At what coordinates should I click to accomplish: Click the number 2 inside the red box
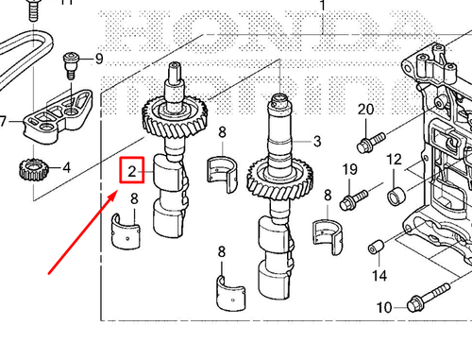click(x=133, y=171)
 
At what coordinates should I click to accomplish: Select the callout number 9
click(x=98, y=59)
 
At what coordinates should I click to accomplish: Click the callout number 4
click(x=66, y=169)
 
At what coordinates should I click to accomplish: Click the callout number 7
click(x=4, y=121)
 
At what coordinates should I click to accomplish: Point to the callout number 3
click(x=317, y=142)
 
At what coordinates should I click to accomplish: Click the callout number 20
click(x=365, y=111)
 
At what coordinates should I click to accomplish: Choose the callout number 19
click(x=349, y=169)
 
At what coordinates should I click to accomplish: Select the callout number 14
click(x=379, y=276)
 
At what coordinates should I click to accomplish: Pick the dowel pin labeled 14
click(x=377, y=249)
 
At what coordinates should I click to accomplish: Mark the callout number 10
click(x=383, y=307)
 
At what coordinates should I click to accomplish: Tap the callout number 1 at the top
click(x=321, y=6)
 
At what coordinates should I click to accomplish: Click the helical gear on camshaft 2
click(x=168, y=119)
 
